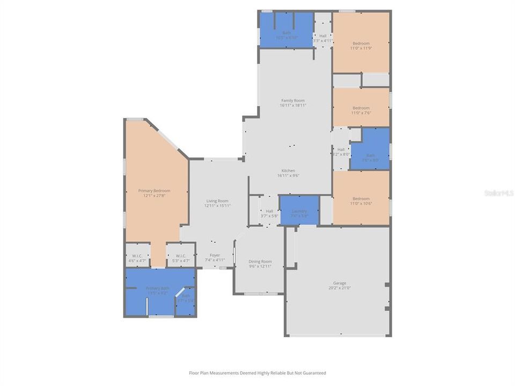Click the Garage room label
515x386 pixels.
coord(339,283)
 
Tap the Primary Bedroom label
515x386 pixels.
coord(154,191)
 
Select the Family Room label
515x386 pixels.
coord(292,101)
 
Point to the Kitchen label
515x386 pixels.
coord(288,171)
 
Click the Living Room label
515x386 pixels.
coord(217,201)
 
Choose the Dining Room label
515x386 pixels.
coord(260,262)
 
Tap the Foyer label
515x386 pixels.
coord(215,255)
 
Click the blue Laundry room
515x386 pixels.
coord(299,211)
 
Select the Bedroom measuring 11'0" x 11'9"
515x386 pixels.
coord(360,43)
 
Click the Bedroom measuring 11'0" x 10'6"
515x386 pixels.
coord(360,199)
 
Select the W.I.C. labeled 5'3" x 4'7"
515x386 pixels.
coord(180,256)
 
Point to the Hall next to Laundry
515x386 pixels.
coord(269,211)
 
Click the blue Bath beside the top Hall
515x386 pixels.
coord(286,33)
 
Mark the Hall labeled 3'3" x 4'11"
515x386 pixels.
coord(322,36)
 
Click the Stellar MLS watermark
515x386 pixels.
coord(498,192)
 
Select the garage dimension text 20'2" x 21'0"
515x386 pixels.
coord(339,288)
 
